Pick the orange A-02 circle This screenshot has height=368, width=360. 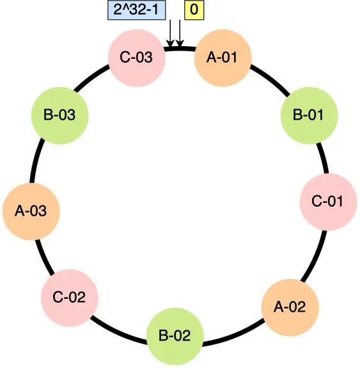(x=290, y=307)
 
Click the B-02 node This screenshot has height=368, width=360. (x=175, y=335)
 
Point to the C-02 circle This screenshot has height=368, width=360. (x=69, y=297)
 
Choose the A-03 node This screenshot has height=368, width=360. (x=31, y=211)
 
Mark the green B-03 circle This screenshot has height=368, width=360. (x=59, y=116)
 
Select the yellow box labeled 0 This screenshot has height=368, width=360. (x=194, y=10)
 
